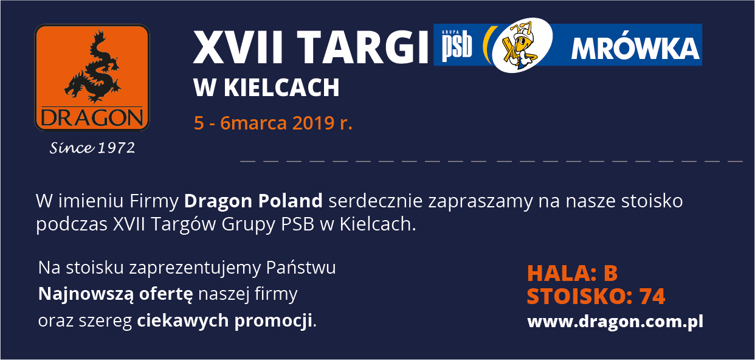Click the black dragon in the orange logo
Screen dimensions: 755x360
pyautogui.click(x=92, y=67)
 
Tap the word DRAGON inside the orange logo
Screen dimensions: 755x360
pyautogui.click(x=92, y=117)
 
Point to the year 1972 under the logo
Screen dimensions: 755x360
pyautogui.click(x=114, y=148)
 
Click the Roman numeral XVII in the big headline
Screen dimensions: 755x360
pyautogui.click(x=238, y=47)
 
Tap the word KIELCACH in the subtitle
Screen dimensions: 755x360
pyautogui.click(x=281, y=88)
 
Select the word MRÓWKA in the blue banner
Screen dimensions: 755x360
pyautogui.click(x=635, y=48)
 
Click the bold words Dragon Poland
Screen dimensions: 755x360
pyautogui.click(x=253, y=201)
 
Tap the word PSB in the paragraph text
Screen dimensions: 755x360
pyautogui.click(x=298, y=224)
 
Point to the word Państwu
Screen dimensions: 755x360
pyautogui.click(x=301, y=268)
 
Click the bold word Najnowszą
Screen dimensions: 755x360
pyautogui.click(x=86, y=294)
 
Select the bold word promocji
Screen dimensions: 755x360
pyautogui.click(x=273, y=321)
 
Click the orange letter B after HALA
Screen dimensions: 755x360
pyautogui.click(x=610, y=273)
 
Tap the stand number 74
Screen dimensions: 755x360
pyautogui.click(x=652, y=296)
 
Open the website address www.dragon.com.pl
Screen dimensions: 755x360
pyautogui.click(x=615, y=322)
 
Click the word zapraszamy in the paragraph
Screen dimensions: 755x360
pyautogui.click(x=481, y=201)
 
